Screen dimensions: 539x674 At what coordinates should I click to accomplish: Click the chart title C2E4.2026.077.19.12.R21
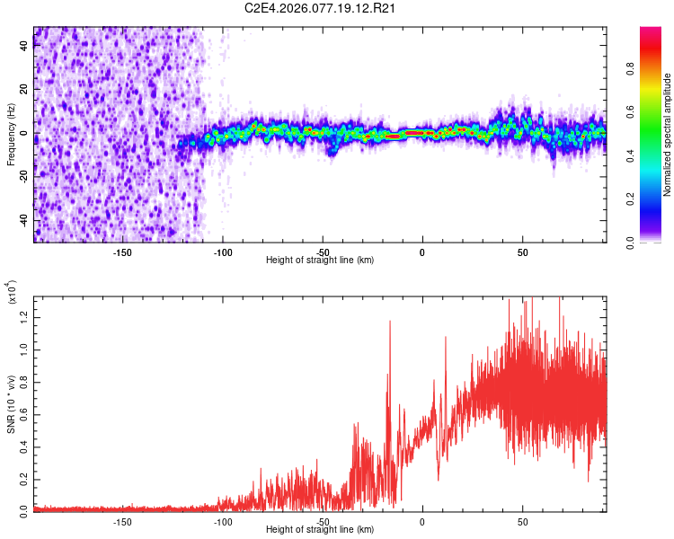pyautogui.click(x=321, y=9)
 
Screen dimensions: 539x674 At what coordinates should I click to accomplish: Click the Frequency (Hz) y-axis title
pyautogui.click(x=11, y=134)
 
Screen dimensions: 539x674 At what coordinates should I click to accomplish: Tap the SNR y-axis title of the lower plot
pyautogui.click(x=11, y=403)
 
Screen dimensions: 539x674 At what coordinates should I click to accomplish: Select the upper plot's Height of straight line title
pyautogui.click(x=321, y=260)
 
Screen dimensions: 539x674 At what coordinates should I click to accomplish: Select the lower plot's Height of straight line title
pyautogui.click(x=321, y=529)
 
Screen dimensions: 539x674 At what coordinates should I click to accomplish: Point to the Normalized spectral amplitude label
pyautogui.click(x=668, y=135)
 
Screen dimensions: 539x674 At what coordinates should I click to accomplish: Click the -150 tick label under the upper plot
pyautogui.click(x=123, y=252)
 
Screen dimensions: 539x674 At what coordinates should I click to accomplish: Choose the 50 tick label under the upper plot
pyautogui.click(x=522, y=252)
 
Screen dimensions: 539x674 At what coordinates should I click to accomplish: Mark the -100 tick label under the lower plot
pyautogui.click(x=223, y=522)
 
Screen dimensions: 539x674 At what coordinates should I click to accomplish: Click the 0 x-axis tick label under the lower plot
pyautogui.click(x=422, y=522)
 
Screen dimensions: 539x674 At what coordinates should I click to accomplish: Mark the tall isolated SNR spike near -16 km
pyautogui.click(x=390, y=323)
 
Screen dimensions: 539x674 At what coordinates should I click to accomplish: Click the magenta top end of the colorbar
pyautogui.click(x=651, y=31)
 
